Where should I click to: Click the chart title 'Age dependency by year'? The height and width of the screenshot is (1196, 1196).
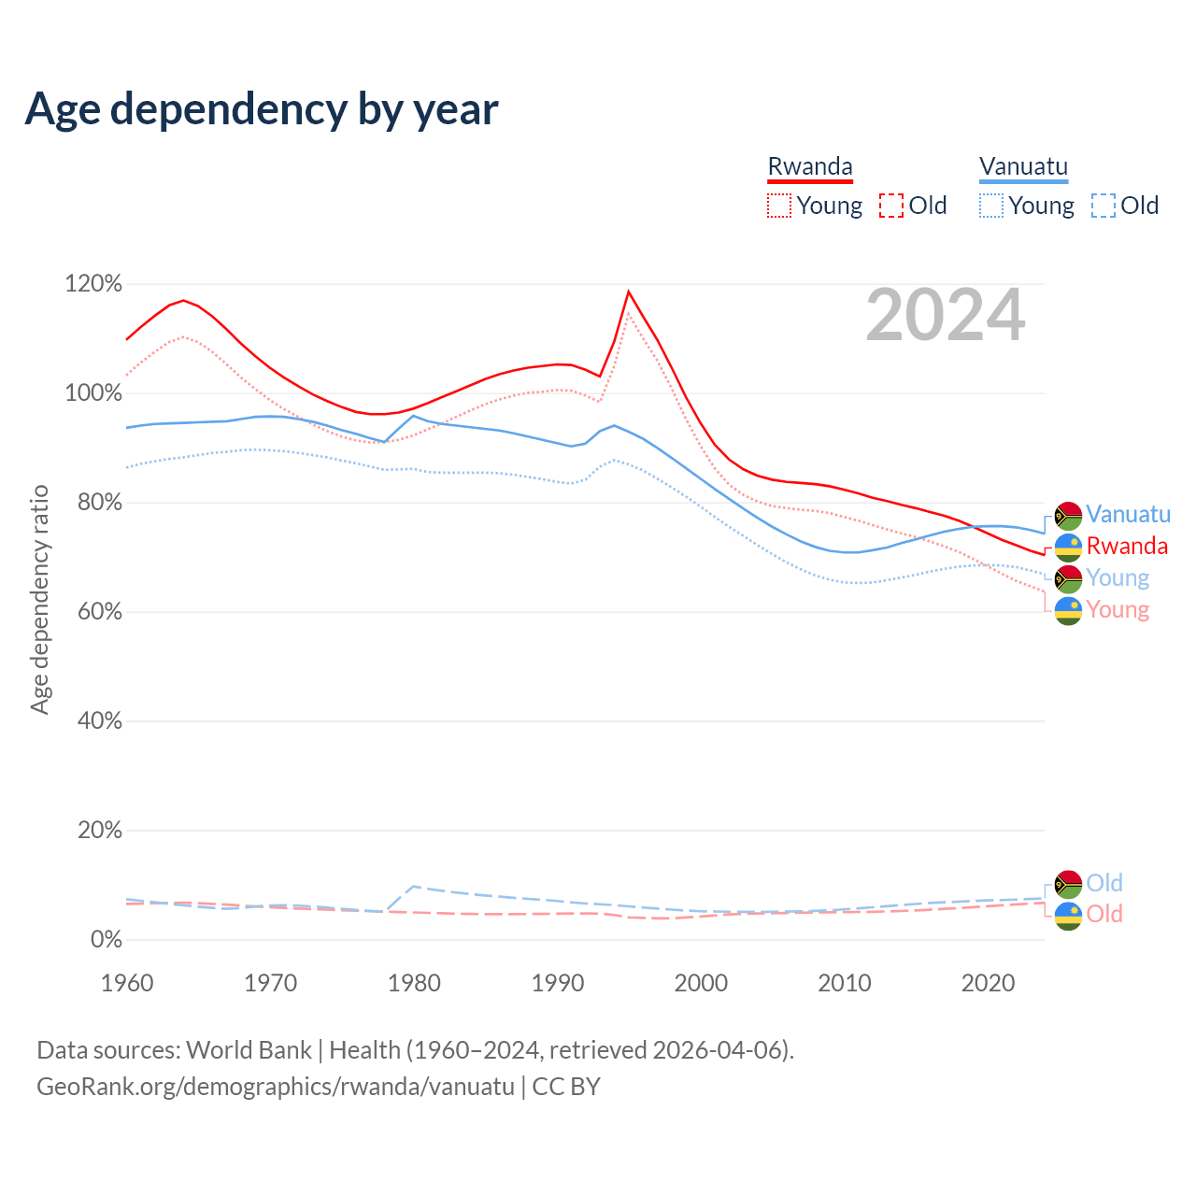[x=262, y=109]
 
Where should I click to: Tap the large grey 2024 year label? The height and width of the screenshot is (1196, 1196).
[x=945, y=316]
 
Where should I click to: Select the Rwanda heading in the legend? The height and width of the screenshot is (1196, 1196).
[x=810, y=167]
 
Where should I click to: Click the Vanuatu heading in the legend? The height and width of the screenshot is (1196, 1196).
[x=1023, y=167]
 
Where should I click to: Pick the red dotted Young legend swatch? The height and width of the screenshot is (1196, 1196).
[x=778, y=206]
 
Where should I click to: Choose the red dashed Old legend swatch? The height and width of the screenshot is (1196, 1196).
[x=890, y=206]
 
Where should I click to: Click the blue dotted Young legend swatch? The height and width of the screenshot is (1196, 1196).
[x=990, y=206]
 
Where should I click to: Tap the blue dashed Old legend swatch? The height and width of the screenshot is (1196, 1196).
[x=1103, y=206]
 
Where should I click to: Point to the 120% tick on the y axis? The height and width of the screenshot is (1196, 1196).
[x=93, y=284]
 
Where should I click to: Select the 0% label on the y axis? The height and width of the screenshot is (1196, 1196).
[x=106, y=940]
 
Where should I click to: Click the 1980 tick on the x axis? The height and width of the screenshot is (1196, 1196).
[x=414, y=983]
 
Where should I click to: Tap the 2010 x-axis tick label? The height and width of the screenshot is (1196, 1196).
[x=845, y=983]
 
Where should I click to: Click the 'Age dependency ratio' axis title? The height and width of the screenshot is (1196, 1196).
[x=39, y=599]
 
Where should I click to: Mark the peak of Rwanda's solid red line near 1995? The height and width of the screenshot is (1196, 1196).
[x=628, y=292]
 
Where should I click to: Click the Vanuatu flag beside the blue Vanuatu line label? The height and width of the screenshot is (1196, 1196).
[x=1068, y=516]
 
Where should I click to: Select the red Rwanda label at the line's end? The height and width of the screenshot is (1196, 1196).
[x=1127, y=547]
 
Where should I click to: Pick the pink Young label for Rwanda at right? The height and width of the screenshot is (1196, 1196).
[x=1118, y=610]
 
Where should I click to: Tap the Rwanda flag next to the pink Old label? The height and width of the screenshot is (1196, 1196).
[x=1068, y=916]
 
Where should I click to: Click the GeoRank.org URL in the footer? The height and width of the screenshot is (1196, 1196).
[x=275, y=1087]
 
